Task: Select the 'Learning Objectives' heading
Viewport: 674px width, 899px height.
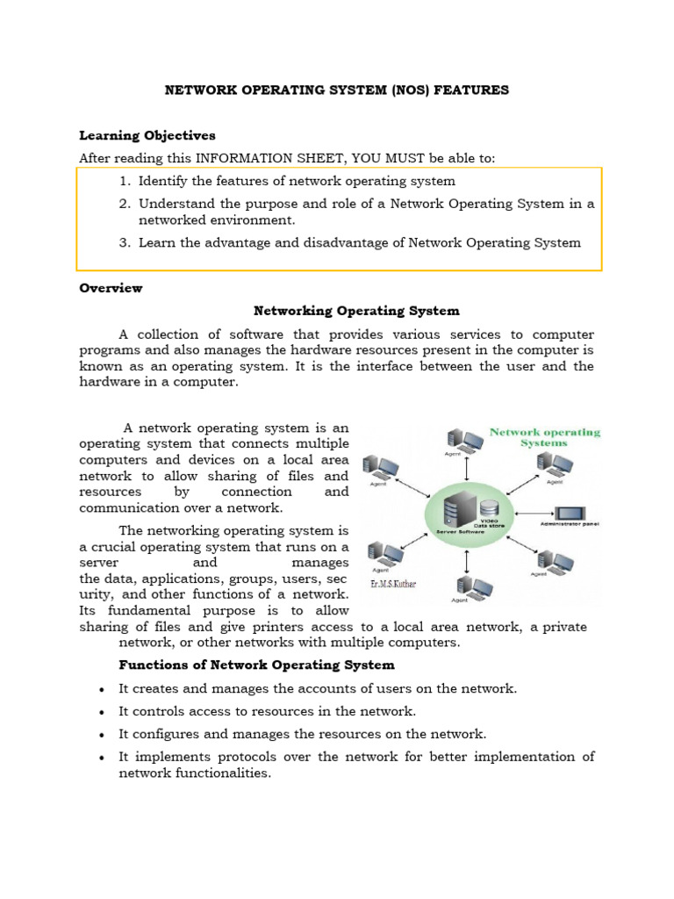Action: point(147,135)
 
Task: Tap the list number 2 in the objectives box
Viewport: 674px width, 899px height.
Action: point(125,204)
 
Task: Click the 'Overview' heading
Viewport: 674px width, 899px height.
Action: point(111,288)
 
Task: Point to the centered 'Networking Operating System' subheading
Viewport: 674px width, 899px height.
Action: point(356,311)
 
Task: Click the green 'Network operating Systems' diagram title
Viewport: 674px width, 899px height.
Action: point(544,437)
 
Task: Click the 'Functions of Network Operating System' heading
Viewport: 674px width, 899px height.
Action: point(256,665)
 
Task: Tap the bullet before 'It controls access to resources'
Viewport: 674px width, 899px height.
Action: point(103,712)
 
